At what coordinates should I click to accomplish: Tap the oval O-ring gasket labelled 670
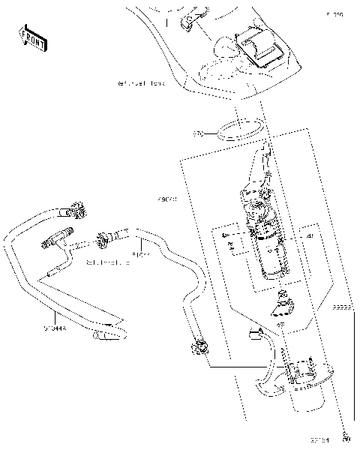coord(238,130)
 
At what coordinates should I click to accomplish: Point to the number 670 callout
coord(198,134)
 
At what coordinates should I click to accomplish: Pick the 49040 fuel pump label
coord(167,200)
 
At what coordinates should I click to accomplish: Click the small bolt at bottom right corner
coord(346,439)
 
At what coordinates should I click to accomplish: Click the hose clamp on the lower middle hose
coord(200,346)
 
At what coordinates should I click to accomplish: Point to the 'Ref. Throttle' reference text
coord(107,262)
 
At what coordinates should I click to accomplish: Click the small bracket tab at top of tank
coord(189,21)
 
